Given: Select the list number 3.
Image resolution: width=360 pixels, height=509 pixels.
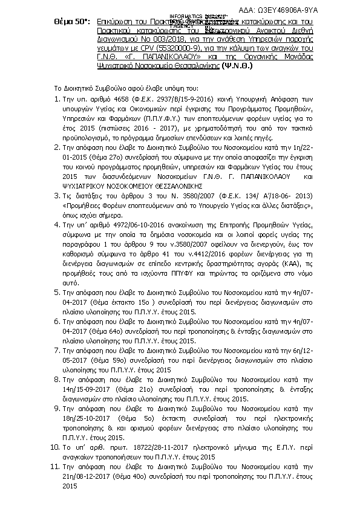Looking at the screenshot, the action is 56,195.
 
